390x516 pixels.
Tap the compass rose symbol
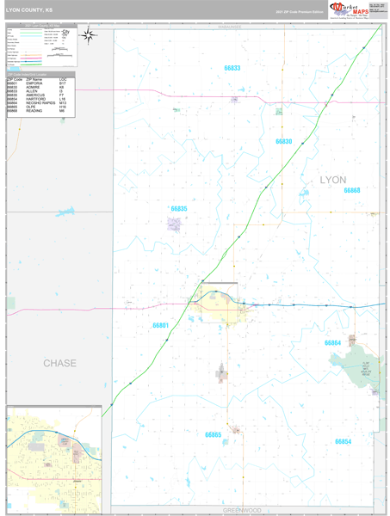(x=88, y=34)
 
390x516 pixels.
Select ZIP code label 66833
(x=232, y=68)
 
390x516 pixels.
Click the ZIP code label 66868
(x=351, y=190)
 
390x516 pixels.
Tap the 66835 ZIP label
(x=179, y=208)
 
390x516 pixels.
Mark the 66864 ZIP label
(x=332, y=342)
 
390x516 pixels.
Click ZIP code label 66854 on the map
(x=343, y=440)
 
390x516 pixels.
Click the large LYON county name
(x=332, y=180)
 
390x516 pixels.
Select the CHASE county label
(x=59, y=364)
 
